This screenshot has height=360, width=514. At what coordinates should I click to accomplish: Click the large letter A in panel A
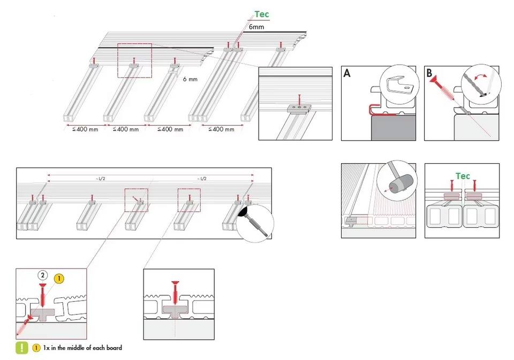coord(347,73)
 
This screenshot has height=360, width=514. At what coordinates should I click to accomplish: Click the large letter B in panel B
coord(429,73)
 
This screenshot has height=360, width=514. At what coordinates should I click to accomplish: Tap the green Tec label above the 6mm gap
coord(262,14)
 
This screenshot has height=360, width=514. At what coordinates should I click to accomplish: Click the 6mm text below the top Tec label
coord(256,27)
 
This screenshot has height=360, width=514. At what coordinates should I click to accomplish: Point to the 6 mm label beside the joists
coord(190,79)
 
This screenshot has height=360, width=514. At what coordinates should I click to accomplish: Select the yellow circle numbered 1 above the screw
coord(59,279)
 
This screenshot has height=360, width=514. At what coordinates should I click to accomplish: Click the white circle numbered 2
coord(43,275)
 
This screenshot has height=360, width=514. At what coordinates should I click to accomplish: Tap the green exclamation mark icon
coord(22,348)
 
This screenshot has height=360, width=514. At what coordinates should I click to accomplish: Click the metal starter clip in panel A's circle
coord(399,85)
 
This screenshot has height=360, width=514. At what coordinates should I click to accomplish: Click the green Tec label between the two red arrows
coord(463,176)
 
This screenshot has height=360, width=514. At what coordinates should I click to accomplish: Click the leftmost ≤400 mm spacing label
coord(85,129)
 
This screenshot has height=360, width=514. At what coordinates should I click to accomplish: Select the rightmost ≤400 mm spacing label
coord(222,129)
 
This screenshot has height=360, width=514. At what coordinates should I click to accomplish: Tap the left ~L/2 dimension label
coord(101,179)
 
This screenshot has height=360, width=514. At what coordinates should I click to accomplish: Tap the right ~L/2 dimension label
coord(202,179)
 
